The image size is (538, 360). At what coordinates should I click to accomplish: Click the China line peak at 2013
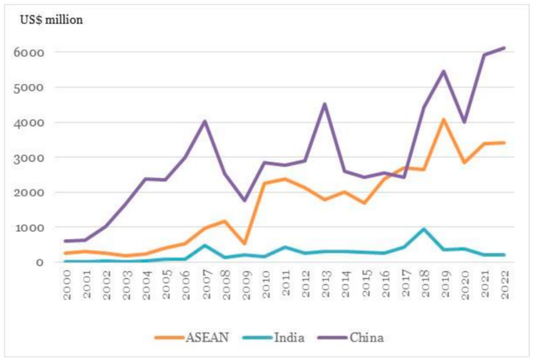tap(324, 104)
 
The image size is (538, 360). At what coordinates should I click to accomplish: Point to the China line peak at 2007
tap(205, 121)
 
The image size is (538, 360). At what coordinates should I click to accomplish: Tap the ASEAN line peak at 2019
tap(444, 119)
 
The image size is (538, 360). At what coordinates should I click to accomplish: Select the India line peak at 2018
tap(424, 229)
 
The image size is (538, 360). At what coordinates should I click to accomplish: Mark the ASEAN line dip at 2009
tap(245, 243)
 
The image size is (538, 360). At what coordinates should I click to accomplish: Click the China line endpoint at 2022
tap(504, 48)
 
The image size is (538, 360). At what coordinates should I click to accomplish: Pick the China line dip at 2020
tap(464, 122)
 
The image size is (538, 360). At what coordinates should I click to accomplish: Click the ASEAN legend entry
tap(192, 337)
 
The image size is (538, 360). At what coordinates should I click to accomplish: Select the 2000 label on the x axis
tap(66, 284)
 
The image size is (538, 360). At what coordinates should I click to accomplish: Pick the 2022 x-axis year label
tap(504, 284)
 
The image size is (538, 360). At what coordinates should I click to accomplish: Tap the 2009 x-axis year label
tap(245, 284)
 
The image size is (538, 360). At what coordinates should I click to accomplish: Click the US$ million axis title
tap(51, 20)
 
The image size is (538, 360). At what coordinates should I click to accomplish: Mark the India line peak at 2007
tap(205, 245)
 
